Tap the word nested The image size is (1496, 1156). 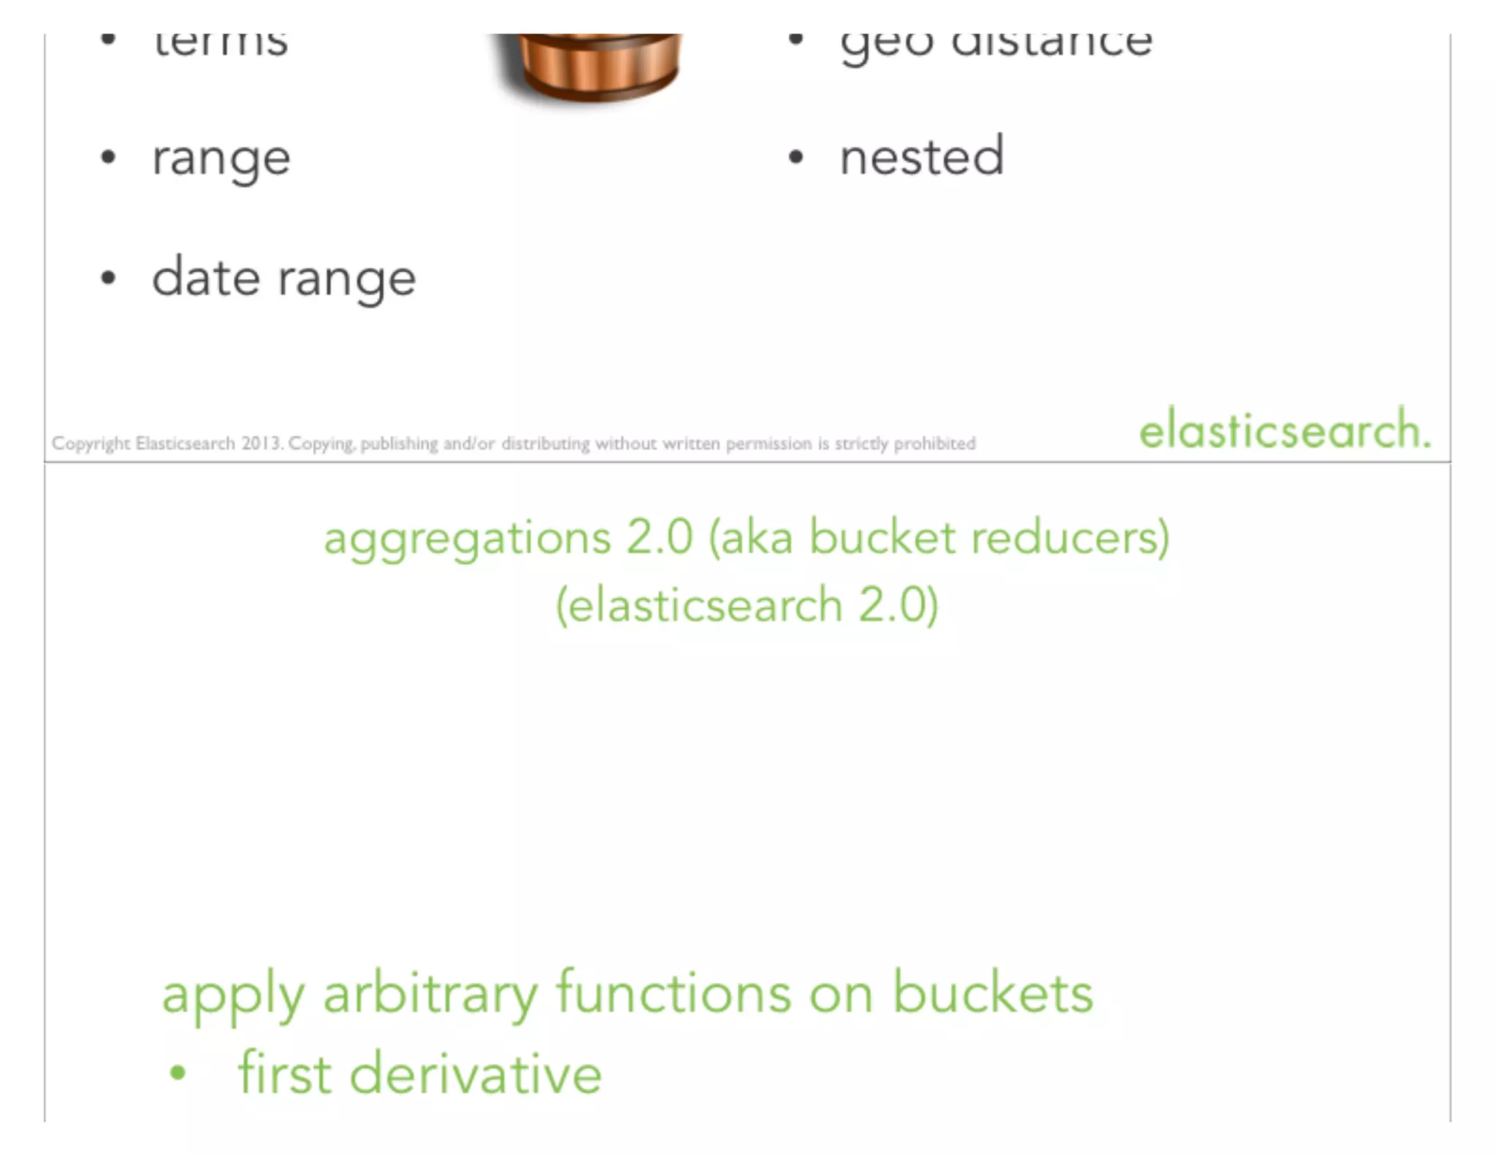click(x=922, y=157)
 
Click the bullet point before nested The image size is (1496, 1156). click(x=796, y=157)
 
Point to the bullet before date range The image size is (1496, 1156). click(x=108, y=278)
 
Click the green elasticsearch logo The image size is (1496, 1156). click(x=1284, y=430)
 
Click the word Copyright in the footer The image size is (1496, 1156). click(x=91, y=444)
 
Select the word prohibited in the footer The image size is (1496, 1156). click(x=934, y=444)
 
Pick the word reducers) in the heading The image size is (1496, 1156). click(x=1070, y=539)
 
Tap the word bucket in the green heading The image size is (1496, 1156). click(x=882, y=539)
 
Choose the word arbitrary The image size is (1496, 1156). click(x=430, y=995)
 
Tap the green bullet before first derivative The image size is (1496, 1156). click(x=178, y=1073)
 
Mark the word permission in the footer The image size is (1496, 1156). click(x=768, y=444)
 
